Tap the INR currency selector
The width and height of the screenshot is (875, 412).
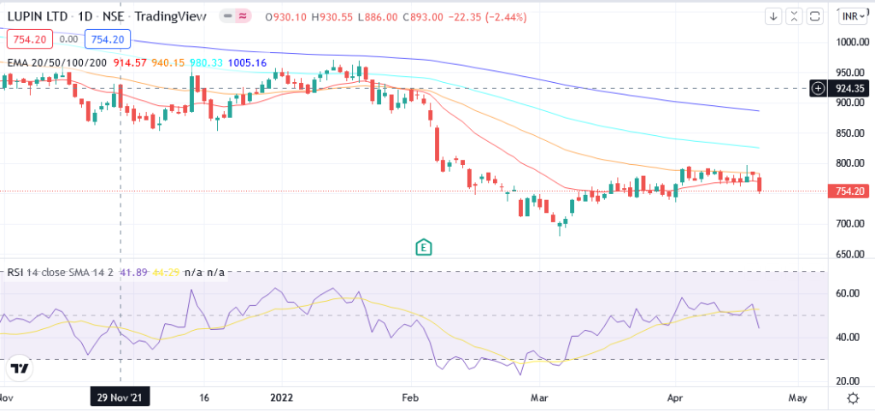(851, 16)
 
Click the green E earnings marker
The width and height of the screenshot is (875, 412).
(423, 248)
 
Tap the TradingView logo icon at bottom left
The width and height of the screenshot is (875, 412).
(19, 368)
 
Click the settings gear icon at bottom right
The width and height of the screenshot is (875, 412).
(853, 398)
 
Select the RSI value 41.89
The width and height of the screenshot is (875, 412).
(131, 273)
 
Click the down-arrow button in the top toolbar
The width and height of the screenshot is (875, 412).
(773, 16)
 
